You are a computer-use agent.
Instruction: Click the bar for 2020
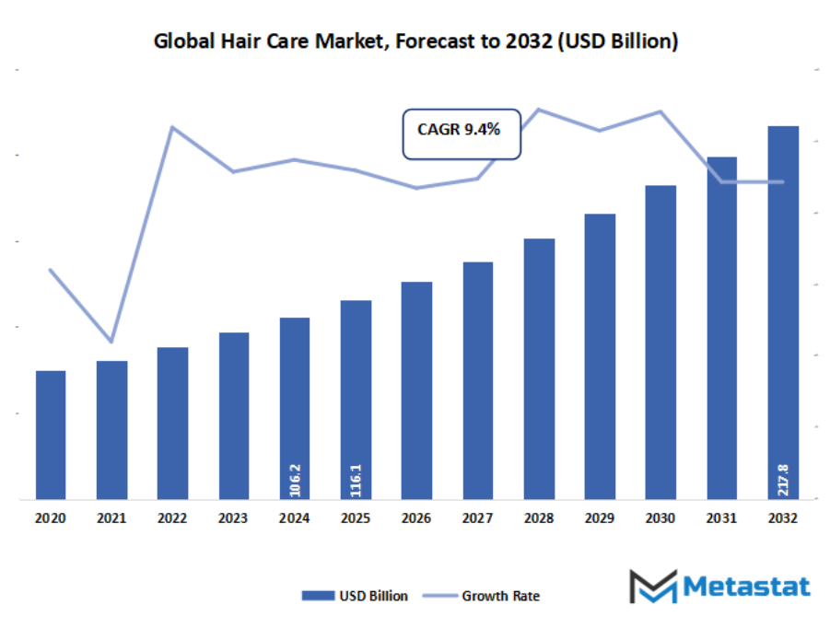[51, 435]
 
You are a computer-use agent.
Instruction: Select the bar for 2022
[172, 423]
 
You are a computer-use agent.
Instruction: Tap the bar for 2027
[477, 380]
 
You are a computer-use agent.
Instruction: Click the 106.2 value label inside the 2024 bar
[295, 479]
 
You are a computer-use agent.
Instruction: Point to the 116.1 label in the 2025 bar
[356, 479]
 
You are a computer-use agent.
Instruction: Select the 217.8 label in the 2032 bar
[783, 479]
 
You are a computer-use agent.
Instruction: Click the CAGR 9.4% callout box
[462, 131]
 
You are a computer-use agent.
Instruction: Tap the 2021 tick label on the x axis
[111, 519]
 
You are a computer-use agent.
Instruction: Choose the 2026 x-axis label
[416, 519]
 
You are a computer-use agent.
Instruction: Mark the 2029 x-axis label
[600, 519]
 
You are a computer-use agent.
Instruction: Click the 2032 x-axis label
[783, 519]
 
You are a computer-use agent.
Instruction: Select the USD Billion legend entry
[355, 596]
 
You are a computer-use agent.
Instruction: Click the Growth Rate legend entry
[487, 596]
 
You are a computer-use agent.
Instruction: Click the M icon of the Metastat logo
[652, 587]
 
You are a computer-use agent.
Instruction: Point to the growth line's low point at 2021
[111, 341]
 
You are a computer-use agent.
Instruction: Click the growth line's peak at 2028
[538, 110]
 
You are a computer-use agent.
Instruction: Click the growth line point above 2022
[172, 127]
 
